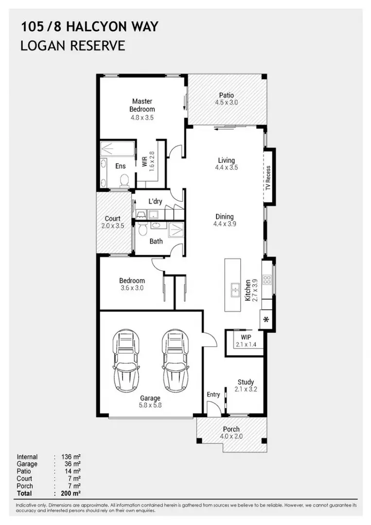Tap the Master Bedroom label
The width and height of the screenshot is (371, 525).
(142, 105)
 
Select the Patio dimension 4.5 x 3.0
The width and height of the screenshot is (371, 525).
(226, 103)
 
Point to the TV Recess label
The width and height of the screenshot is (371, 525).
(268, 178)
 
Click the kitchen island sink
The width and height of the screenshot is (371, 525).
(234, 290)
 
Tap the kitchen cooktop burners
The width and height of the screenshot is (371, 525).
(267, 280)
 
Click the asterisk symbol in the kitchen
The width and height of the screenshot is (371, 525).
(266, 320)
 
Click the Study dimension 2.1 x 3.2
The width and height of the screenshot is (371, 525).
(246, 390)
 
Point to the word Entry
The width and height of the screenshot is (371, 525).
(213, 395)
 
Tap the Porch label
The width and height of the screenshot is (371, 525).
(231, 429)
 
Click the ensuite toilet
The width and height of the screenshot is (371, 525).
(124, 182)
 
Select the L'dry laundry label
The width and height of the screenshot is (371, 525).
(155, 201)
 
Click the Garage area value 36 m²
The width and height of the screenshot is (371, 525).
(71, 464)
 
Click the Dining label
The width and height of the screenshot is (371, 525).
(224, 217)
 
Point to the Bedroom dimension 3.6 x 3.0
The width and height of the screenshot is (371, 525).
(132, 288)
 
